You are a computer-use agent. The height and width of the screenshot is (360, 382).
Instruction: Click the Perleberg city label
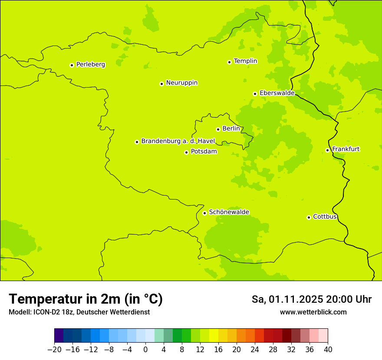90,64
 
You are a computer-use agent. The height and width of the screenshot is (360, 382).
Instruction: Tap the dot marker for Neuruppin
161,84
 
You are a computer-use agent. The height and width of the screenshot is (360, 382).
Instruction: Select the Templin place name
245,61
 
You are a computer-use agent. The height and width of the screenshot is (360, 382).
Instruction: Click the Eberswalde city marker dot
255,94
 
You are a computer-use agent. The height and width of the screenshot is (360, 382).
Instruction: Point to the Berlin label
231,128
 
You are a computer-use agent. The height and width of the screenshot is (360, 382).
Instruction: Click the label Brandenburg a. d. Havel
178,141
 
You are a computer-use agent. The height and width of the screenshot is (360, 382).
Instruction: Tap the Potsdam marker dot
186,152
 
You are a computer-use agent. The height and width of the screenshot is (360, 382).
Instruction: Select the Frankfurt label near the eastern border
346,149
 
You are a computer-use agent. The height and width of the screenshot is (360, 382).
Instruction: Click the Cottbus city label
325,216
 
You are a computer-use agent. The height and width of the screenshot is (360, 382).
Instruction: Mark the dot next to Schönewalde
204,213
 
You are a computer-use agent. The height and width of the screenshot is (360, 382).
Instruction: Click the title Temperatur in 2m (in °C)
86,299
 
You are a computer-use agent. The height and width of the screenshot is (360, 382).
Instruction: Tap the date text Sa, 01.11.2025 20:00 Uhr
311,299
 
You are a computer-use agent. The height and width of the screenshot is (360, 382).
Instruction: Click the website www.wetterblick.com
313,312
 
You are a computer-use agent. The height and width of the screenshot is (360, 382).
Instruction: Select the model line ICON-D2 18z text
79,312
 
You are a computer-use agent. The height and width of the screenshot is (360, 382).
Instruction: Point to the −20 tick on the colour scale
54,350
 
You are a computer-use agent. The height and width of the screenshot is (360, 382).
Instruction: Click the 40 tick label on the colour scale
328,350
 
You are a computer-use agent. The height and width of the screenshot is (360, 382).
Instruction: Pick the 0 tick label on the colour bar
145,350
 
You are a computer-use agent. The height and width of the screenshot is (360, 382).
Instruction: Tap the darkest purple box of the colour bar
59,336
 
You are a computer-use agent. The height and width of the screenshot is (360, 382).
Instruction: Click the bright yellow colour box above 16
214,336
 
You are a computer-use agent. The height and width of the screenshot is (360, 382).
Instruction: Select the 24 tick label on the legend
255,350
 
